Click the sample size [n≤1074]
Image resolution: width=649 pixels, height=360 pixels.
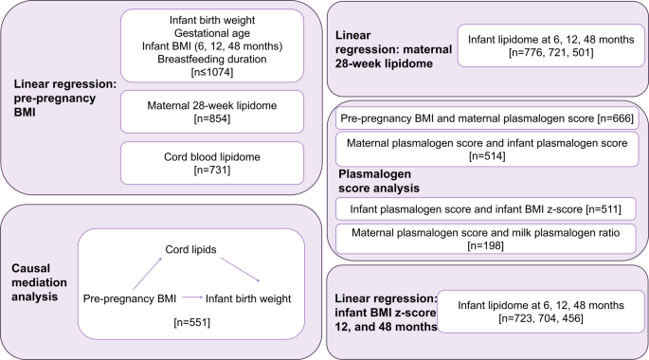click(x=213, y=72)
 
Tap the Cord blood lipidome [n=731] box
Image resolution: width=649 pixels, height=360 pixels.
click(x=213, y=160)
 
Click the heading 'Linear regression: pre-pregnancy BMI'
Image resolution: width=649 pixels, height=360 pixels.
click(x=63, y=99)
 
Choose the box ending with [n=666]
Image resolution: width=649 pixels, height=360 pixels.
click(x=486, y=118)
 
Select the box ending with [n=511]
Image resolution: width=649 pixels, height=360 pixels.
click(x=486, y=207)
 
